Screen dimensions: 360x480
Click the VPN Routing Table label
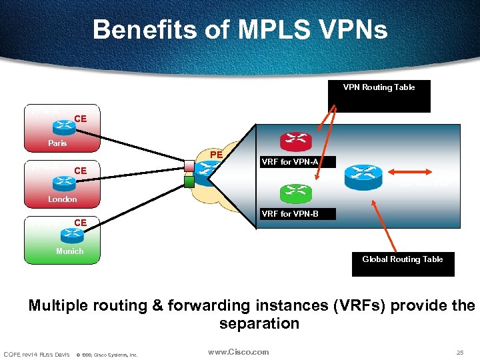[379, 87]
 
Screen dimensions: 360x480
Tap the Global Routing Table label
[402, 259]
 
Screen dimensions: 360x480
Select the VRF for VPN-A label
[290, 162]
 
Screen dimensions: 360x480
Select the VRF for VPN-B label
[290, 214]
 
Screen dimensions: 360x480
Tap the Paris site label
[57, 143]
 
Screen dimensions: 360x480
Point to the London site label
[62, 199]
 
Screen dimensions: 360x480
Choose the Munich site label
[69, 251]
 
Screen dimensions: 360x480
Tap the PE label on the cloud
[216, 155]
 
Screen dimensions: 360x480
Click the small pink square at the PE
[189, 165]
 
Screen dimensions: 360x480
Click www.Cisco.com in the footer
[238, 352]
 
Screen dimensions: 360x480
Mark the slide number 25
[459, 352]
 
